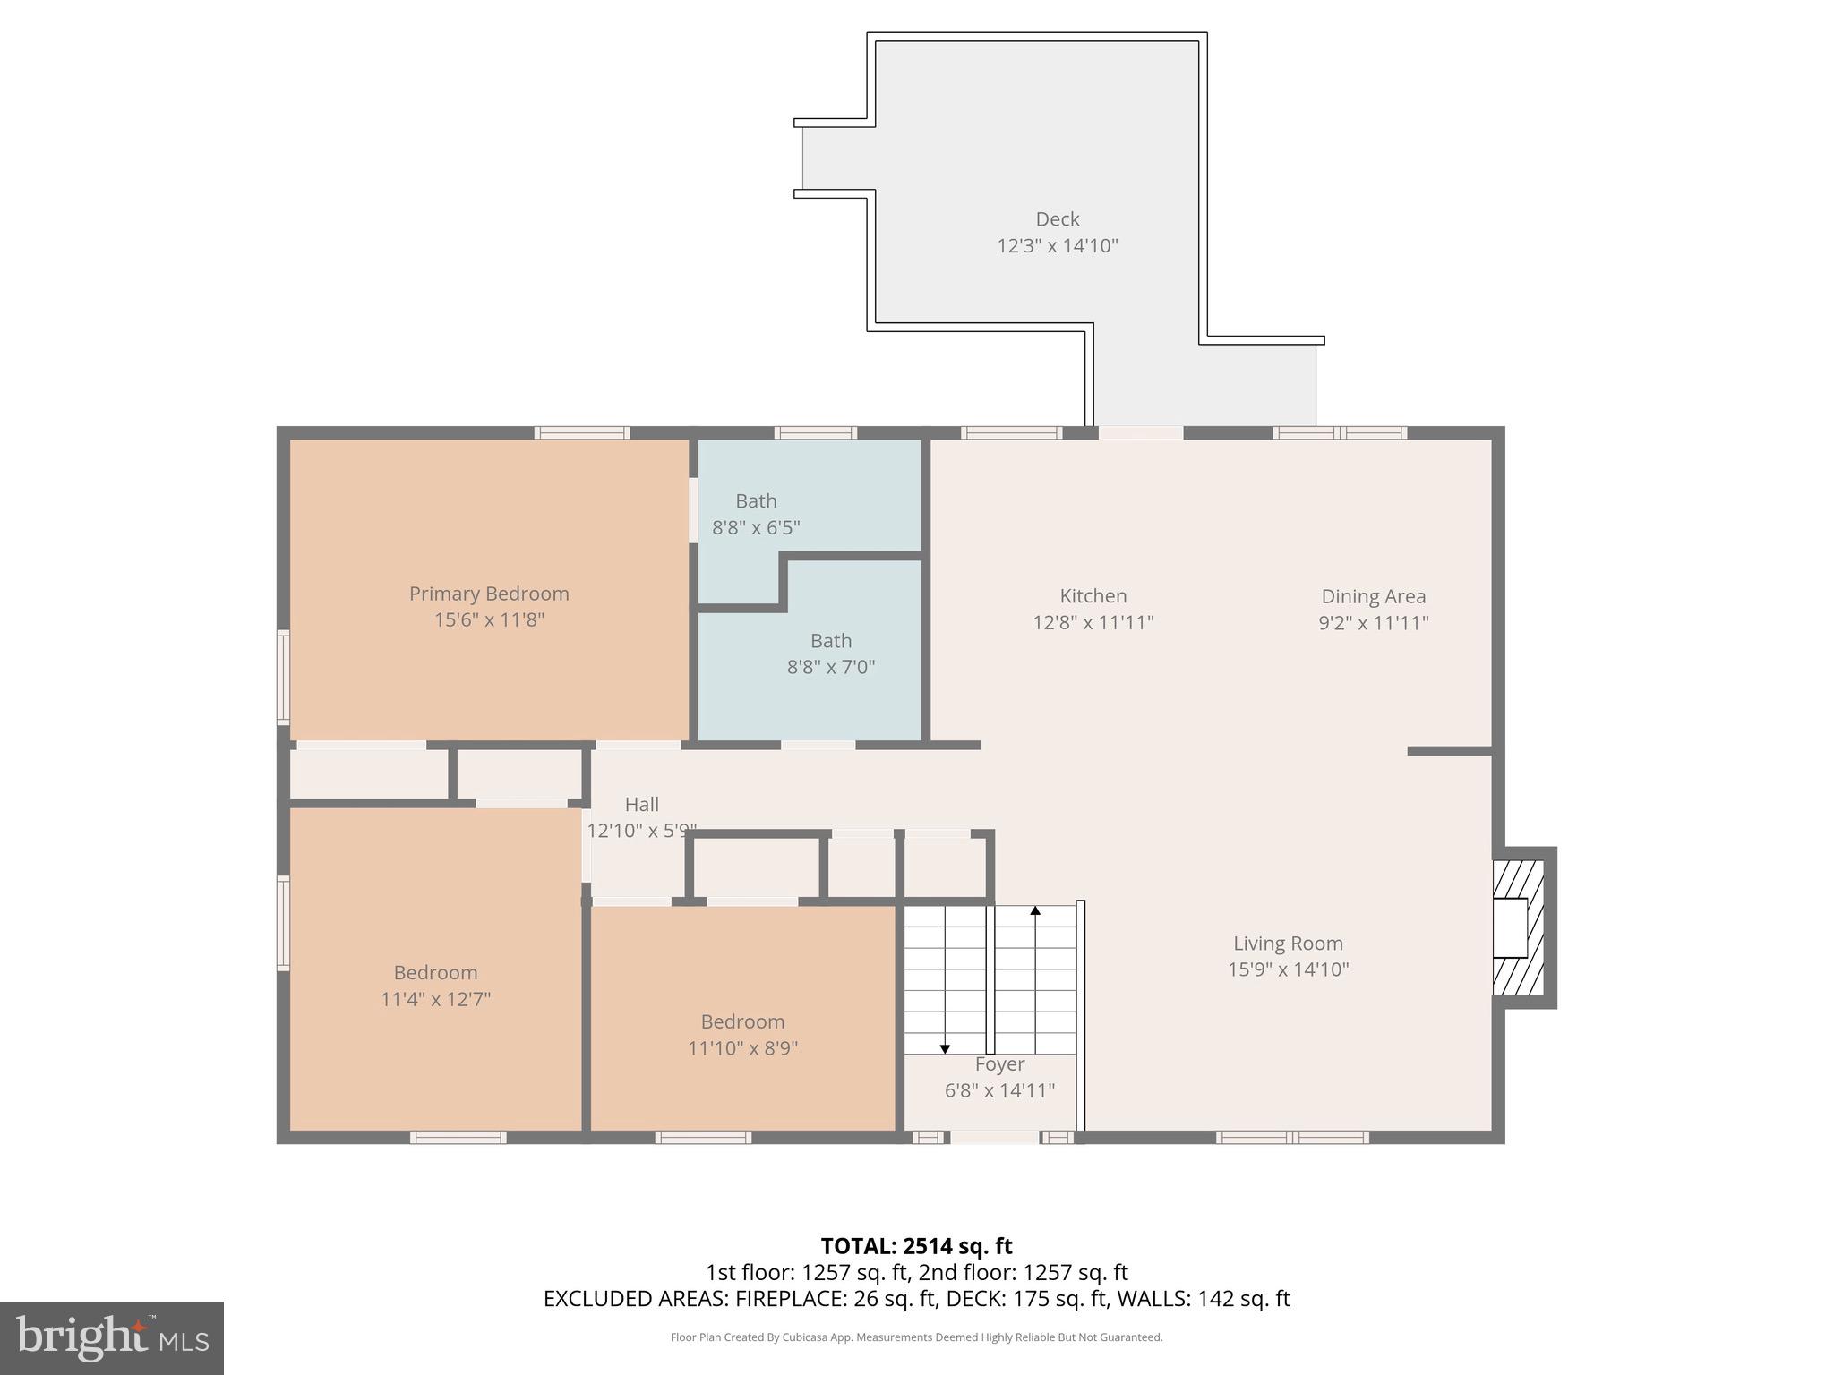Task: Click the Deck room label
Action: [x=1057, y=219]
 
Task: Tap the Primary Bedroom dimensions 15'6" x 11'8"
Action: [x=489, y=619]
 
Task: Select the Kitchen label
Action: [x=1093, y=596]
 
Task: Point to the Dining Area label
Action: [x=1373, y=596]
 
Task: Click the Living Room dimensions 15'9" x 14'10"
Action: [x=1288, y=969]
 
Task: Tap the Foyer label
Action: [x=999, y=1064]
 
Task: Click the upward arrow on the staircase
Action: [x=1035, y=911]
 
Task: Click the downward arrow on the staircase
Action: [x=944, y=1047]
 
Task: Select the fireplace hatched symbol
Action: [x=1519, y=928]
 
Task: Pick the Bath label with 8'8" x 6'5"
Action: [x=756, y=501]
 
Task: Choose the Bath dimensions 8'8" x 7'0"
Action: [x=830, y=667]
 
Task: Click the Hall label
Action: [x=641, y=804]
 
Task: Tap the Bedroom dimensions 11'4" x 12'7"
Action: [x=435, y=999]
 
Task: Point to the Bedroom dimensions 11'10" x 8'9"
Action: [x=742, y=1047]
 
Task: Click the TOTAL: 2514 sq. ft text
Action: [x=916, y=1246]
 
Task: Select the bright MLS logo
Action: [x=112, y=1338]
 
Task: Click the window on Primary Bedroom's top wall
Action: [x=582, y=433]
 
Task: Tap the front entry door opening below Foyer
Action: [x=994, y=1138]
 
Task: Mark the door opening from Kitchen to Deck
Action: [x=1140, y=433]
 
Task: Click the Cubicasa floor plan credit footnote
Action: [x=916, y=1337]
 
